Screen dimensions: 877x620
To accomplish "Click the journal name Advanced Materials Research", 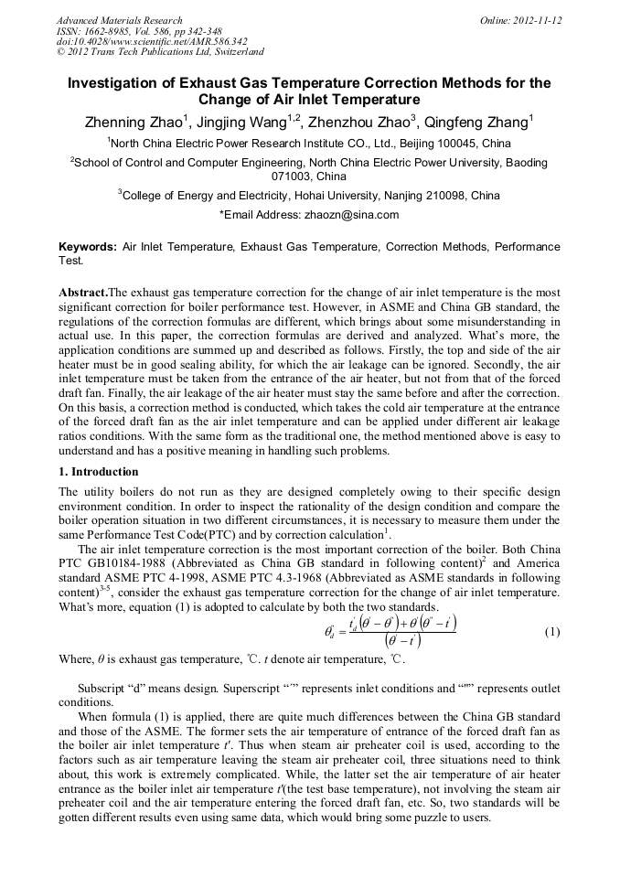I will pyautogui.click(x=120, y=20).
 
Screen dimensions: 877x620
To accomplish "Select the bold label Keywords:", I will pyautogui.click(x=88, y=247).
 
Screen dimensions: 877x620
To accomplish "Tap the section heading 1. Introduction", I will pyautogui.click(x=99, y=472).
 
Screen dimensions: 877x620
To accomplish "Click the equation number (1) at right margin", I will pyautogui.click(x=551, y=633).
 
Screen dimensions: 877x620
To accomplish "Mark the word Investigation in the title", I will pyautogui.click(x=115, y=83).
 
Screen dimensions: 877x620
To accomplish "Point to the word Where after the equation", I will pyautogui.click(x=76, y=658).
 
